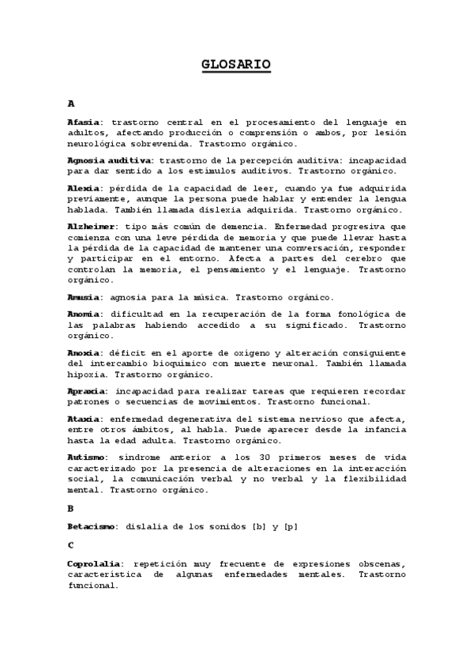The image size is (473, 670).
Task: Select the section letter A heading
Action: pos(71,104)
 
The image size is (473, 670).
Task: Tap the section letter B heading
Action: pos(71,508)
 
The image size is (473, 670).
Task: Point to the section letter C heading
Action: pos(71,545)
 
